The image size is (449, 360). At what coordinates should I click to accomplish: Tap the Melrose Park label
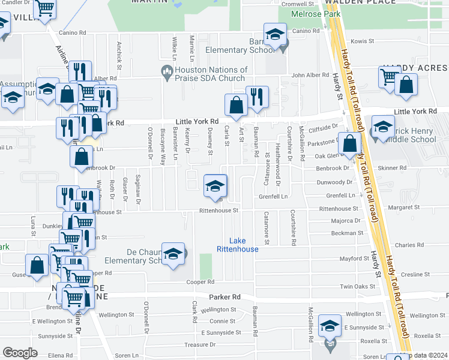point(315,14)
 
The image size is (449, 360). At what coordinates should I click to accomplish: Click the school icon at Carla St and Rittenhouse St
point(215,186)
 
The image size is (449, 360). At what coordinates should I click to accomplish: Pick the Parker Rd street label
point(224,297)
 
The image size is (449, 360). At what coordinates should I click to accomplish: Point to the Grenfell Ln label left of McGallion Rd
point(274,196)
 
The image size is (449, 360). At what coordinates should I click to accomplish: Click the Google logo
point(20,353)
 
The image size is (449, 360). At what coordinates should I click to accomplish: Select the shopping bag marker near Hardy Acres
point(406,85)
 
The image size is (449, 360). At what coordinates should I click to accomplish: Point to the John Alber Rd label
point(309,76)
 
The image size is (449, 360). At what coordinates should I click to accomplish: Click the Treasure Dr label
point(200,344)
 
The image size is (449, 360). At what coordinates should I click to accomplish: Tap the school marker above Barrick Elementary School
point(275,36)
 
